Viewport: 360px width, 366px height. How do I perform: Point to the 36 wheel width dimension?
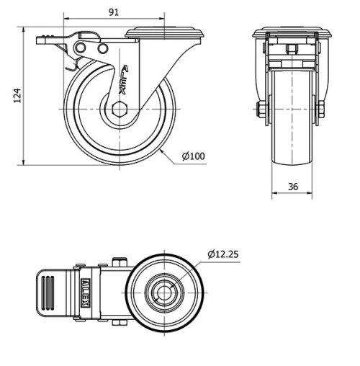pos(292,186)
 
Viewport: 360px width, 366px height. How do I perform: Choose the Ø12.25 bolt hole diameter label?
pos(225,254)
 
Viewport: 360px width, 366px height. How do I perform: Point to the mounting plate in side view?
pos(166,32)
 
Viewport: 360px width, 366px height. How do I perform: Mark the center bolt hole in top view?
pos(165,294)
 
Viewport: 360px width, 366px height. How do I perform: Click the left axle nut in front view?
pos(261,110)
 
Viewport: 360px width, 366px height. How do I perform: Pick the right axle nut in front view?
pos(320,110)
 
